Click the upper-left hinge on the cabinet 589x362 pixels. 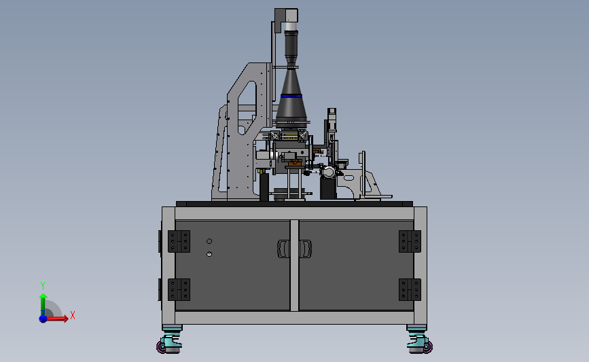tap(179, 241)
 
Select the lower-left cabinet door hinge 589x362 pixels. tap(179, 289)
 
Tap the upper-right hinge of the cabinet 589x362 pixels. tap(410, 241)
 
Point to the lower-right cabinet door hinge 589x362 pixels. tap(410, 289)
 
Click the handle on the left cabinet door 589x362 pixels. tap(283, 249)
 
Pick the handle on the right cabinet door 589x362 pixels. tap(306, 249)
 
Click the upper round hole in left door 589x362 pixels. tap(209, 241)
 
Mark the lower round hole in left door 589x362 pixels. tap(209, 254)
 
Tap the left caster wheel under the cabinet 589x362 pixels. tap(169, 342)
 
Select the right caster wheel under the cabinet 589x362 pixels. tap(420, 342)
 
